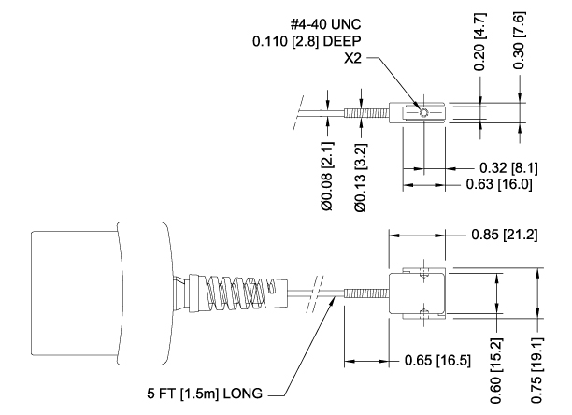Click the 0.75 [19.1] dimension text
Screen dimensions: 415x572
pyautogui.click(x=537, y=365)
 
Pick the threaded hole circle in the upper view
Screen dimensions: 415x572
pyautogui.click(x=424, y=114)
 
